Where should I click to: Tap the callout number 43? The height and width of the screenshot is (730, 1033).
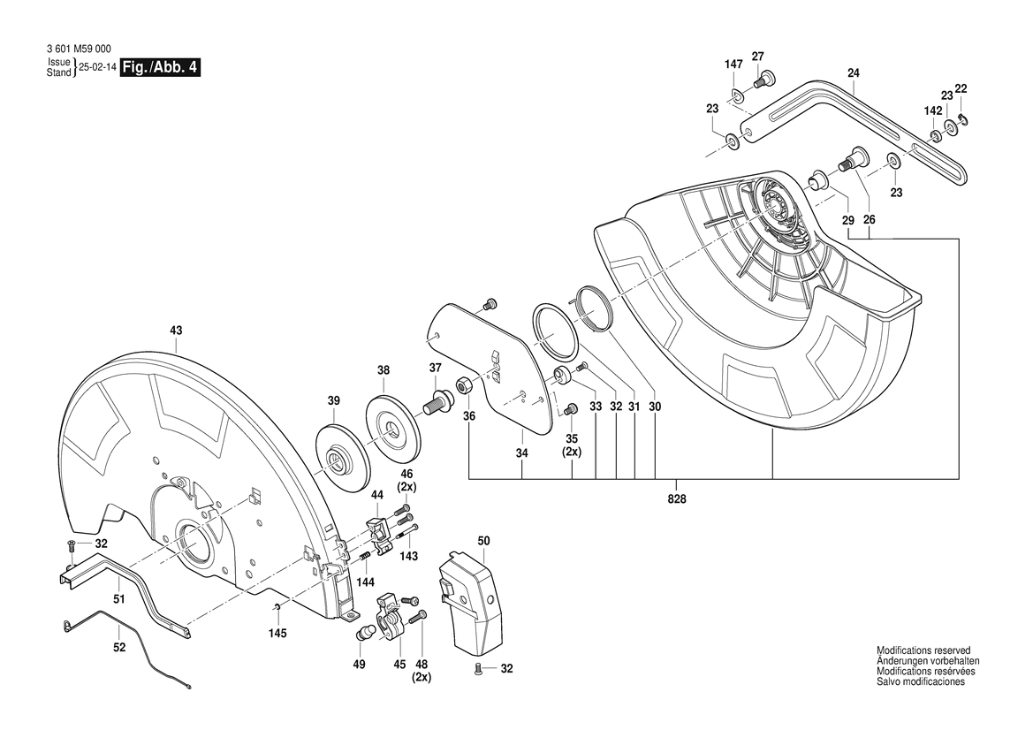(176, 331)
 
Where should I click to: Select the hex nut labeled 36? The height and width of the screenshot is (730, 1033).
(465, 385)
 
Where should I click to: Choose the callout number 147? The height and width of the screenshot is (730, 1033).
(733, 65)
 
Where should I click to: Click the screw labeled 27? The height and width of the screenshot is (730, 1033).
(762, 81)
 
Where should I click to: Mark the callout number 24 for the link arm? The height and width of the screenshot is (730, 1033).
(853, 74)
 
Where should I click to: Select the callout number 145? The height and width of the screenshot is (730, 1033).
(277, 632)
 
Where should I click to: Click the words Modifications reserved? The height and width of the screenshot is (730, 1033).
(923, 650)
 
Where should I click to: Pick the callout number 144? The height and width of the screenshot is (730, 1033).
(365, 582)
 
